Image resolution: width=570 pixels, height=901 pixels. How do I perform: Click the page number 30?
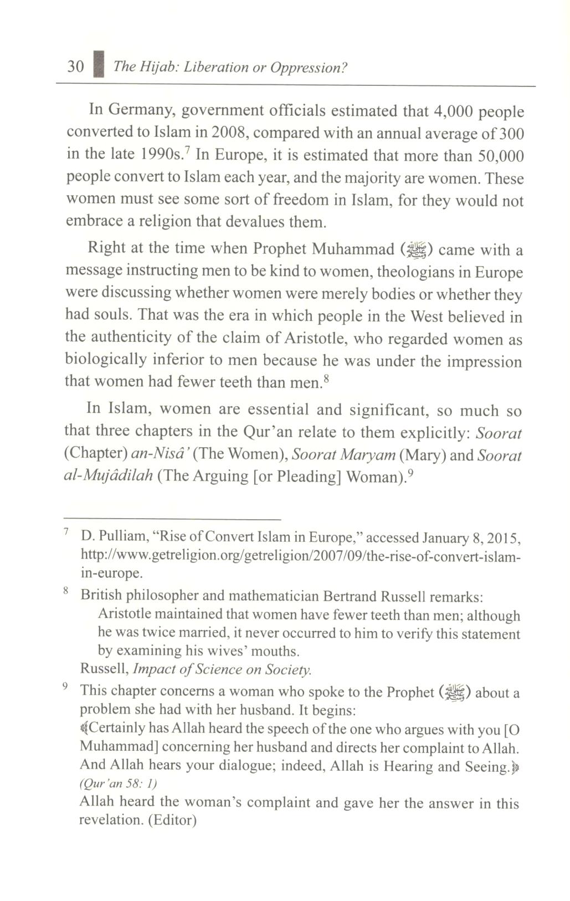pyautogui.click(x=75, y=67)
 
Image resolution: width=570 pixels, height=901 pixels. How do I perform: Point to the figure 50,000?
pyautogui.click(x=499, y=156)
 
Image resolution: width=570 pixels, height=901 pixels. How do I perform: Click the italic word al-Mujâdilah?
pyautogui.click(x=109, y=477)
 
